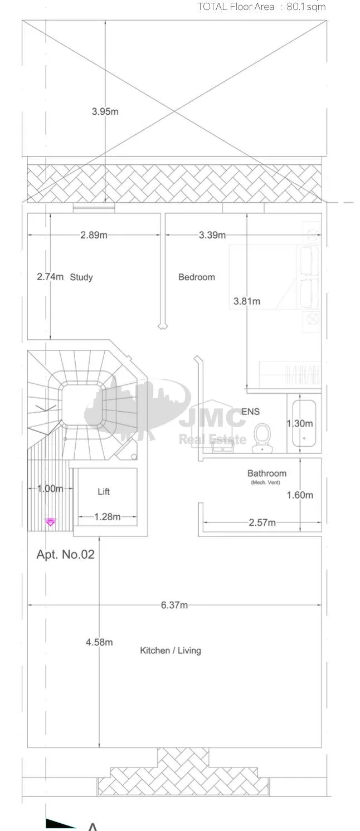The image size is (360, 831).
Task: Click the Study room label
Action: (x=81, y=277)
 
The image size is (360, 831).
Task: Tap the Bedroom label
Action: (x=197, y=277)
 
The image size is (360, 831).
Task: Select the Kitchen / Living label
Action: (x=171, y=651)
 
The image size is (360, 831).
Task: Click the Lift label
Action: (x=104, y=492)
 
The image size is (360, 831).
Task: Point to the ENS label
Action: (x=251, y=412)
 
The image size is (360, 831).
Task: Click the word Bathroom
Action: (x=267, y=473)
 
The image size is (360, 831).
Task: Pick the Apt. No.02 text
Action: (x=65, y=554)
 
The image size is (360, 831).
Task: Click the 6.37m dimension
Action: (x=174, y=605)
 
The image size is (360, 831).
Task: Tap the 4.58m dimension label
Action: (x=99, y=642)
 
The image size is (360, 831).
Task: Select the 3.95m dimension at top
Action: (x=105, y=111)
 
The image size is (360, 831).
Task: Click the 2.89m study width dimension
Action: (x=94, y=235)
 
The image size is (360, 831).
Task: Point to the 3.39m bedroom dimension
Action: (x=212, y=235)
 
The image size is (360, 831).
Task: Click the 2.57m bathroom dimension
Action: (x=262, y=522)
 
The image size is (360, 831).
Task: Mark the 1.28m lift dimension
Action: (x=107, y=516)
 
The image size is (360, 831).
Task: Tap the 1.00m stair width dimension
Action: (x=50, y=488)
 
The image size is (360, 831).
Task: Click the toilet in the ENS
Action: (x=262, y=438)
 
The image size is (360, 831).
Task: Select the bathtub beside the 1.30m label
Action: (x=304, y=423)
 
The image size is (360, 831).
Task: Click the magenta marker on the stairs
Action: (x=51, y=522)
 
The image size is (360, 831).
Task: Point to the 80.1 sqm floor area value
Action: (x=306, y=7)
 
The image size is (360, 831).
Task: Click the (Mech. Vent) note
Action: (x=265, y=482)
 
